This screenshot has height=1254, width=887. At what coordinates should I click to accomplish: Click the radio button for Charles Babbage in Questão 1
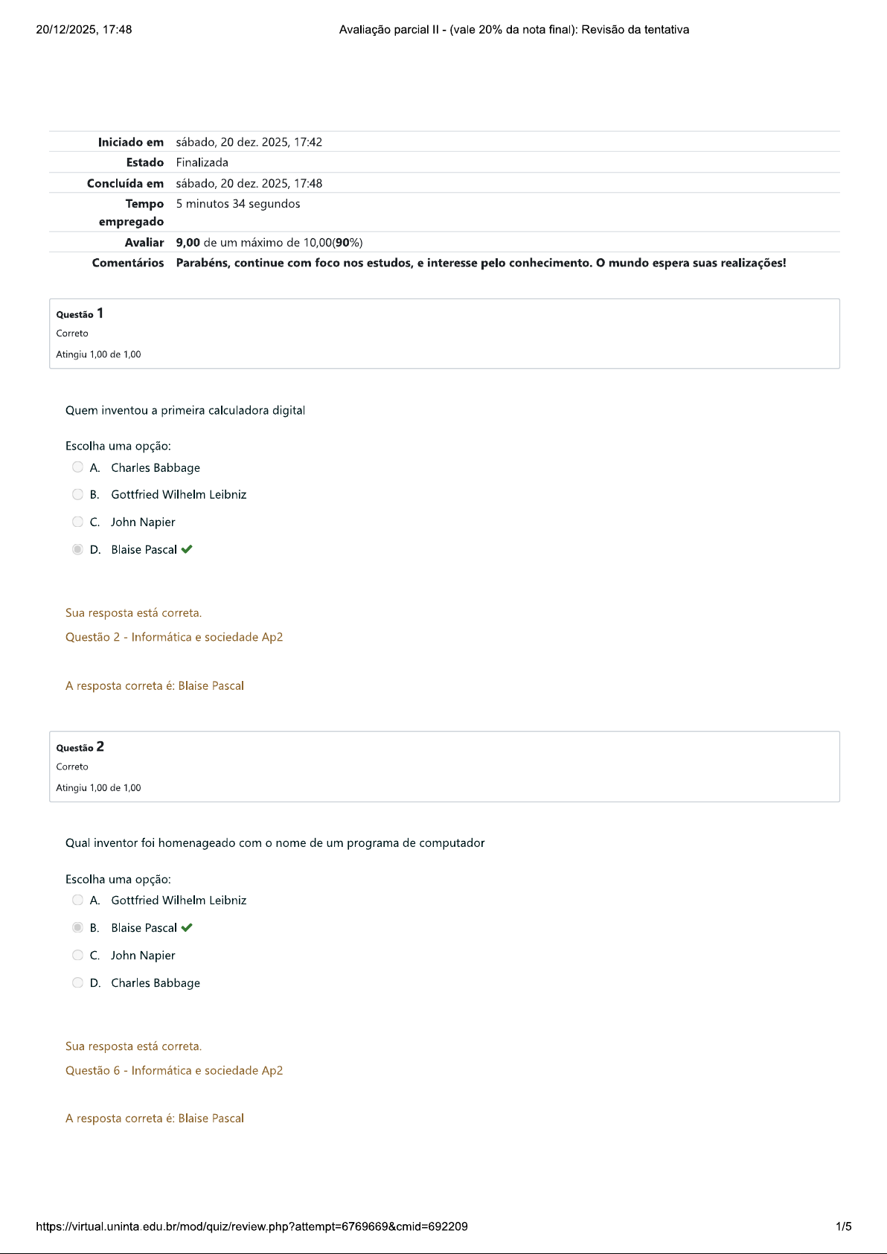coord(77,467)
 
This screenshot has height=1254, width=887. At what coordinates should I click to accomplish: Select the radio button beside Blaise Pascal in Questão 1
coord(77,549)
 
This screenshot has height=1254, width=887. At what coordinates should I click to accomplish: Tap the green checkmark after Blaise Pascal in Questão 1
coord(187,549)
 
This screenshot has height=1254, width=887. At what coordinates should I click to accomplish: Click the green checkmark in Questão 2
coord(187,927)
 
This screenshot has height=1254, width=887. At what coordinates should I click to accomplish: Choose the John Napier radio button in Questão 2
coord(77,955)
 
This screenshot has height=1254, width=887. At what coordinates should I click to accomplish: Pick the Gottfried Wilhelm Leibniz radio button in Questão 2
coord(77,900)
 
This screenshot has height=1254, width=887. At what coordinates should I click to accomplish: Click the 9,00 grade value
coord(188,243)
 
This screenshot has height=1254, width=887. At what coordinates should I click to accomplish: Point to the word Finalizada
coord(202,162)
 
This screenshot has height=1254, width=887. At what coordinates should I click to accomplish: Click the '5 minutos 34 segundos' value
coord(238,204)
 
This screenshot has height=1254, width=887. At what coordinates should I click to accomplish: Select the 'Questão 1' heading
coord(80,314)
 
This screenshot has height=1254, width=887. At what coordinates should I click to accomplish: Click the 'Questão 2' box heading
coord(80,747)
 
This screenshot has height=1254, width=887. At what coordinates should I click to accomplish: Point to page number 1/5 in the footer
coord(843,1226)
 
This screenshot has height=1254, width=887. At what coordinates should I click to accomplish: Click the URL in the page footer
coord(252,1226)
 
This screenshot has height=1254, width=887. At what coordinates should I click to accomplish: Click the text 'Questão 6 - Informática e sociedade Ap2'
coord(174,1070)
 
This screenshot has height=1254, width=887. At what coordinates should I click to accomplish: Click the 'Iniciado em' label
coord(130,142)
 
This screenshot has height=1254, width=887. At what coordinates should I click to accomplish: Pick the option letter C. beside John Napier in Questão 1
coord(95,522)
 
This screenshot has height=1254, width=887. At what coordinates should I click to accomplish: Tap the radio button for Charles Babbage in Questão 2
coord(77,982)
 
